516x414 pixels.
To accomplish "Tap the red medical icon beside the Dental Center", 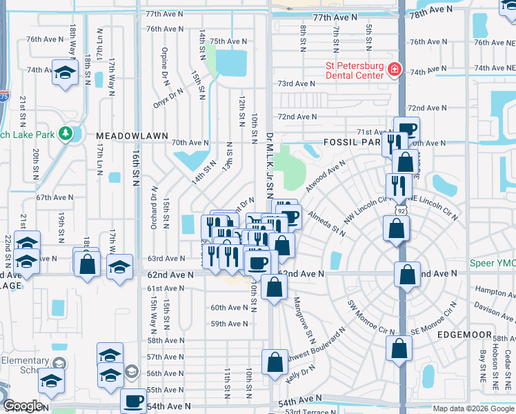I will pyautogui.click(x=394, y=70).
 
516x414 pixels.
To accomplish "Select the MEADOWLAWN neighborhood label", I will pyautogui.click(x=132, y=137).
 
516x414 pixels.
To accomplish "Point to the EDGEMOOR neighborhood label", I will pyautogui.click(x=464, y=335).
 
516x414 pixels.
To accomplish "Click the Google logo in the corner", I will pyautogui.click(x=23, y=406).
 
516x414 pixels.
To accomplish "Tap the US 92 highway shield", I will pyautogui.click(x=401, y=209).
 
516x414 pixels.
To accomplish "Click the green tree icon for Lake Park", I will pyautogui.click(x=67, y=132).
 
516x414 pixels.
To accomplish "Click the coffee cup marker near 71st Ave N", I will pyautogui.click(x=406, y=128).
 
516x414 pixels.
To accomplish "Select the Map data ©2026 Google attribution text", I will pyautogui.click(x=473, y=408).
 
